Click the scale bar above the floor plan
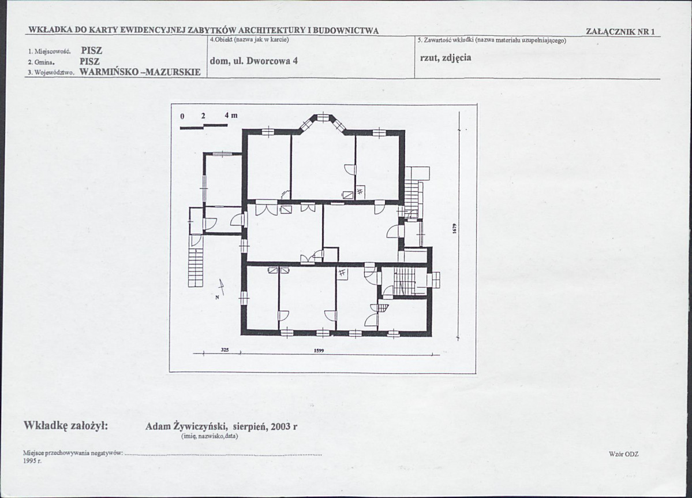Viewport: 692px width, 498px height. point(204,127)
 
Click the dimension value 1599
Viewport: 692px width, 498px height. point(319,351)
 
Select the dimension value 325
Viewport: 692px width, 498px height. point(225,350)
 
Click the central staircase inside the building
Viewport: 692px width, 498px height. point(404,281)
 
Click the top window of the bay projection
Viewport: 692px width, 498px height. point(323,117)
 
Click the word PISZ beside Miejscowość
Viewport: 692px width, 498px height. point(91,51)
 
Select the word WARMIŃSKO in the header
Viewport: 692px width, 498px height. point(109,72)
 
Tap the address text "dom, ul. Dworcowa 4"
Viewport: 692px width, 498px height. point(254,61)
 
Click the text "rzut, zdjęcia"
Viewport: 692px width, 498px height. point(446,58)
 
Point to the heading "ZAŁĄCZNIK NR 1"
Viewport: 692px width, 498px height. point(620,32)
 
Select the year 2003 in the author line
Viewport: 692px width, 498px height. point(281,427)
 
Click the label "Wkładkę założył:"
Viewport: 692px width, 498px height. point(66,426)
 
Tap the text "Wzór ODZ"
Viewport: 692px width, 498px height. point(623,454)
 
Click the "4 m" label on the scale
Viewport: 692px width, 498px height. point(231,116)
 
